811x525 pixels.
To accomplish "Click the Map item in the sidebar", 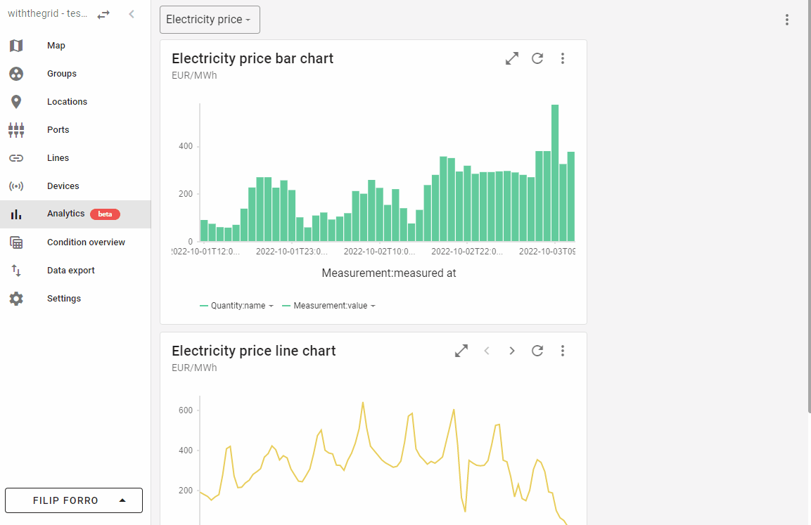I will tap(56, 46).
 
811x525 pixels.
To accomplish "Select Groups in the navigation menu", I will tap(62, 74).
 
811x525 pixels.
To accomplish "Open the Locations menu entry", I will tap(67, 102).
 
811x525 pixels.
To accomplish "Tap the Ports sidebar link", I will tap(58, 130).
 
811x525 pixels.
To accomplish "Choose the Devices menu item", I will tap(63, 186).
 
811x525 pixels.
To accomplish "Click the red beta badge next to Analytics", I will tap(105, 214).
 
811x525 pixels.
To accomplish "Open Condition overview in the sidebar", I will tap(86, 242).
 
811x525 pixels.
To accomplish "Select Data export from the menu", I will tap(70, 271).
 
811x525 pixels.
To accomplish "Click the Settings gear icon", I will tap(16, 299).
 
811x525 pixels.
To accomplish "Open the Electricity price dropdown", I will tap(210, 20).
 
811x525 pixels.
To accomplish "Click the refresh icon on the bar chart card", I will tap(537, 58).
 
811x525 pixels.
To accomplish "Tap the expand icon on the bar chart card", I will tap(512, 58).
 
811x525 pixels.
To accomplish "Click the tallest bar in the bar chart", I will tap(555, 173).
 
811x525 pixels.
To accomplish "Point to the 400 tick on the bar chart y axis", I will tap(186, 146).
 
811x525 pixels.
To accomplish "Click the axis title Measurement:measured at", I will tap(388, 273).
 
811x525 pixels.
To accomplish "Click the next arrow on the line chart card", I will tap(512, 351).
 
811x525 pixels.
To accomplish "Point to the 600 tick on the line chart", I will tap(186, 410).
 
